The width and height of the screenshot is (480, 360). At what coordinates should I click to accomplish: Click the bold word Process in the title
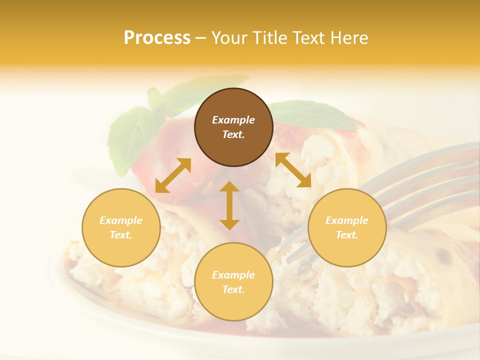point(157,38)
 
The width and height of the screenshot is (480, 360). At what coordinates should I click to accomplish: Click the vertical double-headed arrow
point(229,205)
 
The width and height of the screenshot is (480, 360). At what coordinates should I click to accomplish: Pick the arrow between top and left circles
point(173,175)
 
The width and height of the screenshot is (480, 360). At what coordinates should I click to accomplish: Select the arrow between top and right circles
point(293,170)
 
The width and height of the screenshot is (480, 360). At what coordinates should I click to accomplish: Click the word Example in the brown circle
point(233,120)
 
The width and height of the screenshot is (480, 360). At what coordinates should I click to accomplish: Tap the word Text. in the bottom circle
point(233,289)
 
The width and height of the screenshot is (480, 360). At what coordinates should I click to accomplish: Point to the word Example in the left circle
point(121,220)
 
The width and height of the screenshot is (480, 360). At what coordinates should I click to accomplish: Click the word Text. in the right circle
point(347,235)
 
